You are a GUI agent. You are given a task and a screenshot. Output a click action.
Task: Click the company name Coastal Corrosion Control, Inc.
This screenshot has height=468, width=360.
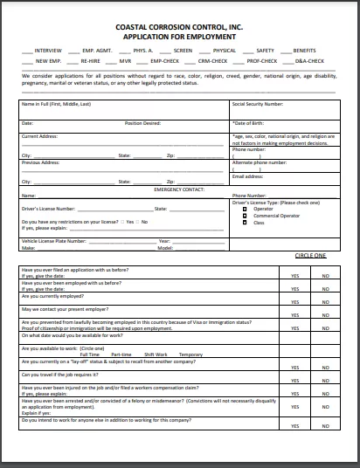coord(180,29)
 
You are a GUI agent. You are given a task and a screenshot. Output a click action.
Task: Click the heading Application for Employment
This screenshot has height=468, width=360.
coord(180,38)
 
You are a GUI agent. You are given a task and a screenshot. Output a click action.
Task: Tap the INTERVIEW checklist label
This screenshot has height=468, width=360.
coord(48,51)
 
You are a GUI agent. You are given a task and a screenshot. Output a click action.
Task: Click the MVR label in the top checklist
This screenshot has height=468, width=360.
coord(126,61)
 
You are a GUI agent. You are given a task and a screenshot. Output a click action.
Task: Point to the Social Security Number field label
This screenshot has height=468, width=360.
coord(258,103)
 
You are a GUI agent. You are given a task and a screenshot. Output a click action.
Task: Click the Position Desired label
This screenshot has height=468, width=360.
coord(142,123)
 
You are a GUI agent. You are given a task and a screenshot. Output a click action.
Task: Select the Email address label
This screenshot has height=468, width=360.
coord(247,175)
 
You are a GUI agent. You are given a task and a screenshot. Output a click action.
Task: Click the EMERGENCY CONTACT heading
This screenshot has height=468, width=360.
coord(178,189)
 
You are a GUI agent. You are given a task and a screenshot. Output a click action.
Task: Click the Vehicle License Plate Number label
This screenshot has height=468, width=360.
coord(52,240)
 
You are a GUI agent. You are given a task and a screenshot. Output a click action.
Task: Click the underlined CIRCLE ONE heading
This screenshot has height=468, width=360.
coord(309,255)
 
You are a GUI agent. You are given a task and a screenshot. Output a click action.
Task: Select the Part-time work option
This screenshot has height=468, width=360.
coord(121,354)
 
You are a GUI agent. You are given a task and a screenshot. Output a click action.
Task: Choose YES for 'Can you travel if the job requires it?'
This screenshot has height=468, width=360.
coord(294,375)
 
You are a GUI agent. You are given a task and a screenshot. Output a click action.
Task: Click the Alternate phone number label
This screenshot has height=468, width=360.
coord(260,163)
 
